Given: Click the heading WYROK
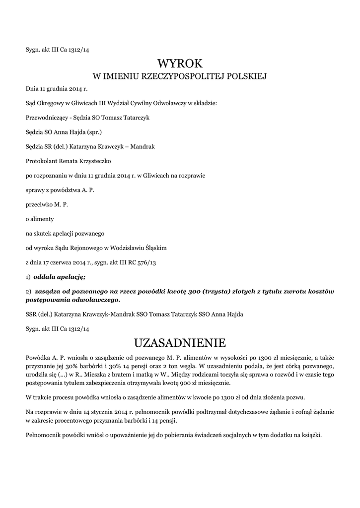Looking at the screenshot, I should [x=180, y=63].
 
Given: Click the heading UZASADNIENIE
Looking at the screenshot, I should [x=180, y=343].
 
